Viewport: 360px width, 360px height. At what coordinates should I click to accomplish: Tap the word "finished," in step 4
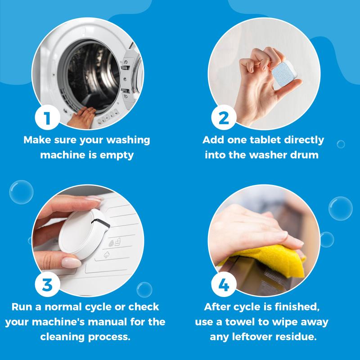click(294, 307)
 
